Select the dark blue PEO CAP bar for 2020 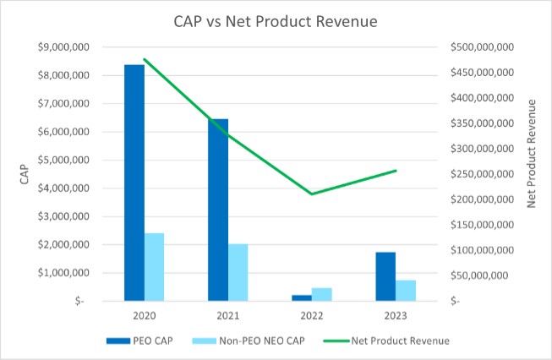tap(134, 182)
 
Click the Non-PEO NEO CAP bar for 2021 tap(238, 272)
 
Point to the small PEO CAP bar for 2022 tap(302, 297)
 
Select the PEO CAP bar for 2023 tap(385, 276)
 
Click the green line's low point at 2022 tap(312, 194)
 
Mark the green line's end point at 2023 tap(396, 171)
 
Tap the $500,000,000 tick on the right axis tap(481, 47)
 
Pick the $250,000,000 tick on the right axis tap(481, 174)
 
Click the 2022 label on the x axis tap(312, 315)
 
